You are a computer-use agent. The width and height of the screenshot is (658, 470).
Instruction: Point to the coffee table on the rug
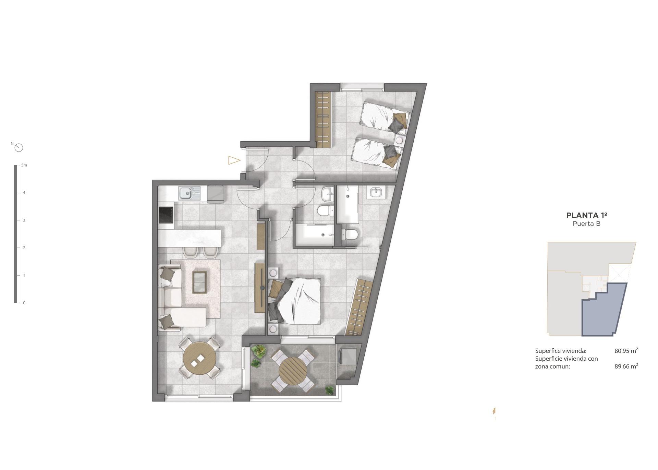pos(199,282)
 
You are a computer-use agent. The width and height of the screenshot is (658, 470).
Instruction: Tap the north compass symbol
pos(19,148)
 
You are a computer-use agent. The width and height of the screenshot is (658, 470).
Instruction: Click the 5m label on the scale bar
pos(24,165)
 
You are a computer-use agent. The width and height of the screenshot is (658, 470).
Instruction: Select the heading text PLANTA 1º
pos(587,215)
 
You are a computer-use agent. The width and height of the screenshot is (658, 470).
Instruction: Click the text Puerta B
pos(587,224)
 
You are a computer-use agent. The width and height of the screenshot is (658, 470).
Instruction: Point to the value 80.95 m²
pos(626,351)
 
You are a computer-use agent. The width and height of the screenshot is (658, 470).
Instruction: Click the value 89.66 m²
pos(626,366)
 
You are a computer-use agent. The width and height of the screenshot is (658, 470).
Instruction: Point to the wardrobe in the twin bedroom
pos(323,119)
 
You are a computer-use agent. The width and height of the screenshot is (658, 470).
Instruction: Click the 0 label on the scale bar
pos(24,303)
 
